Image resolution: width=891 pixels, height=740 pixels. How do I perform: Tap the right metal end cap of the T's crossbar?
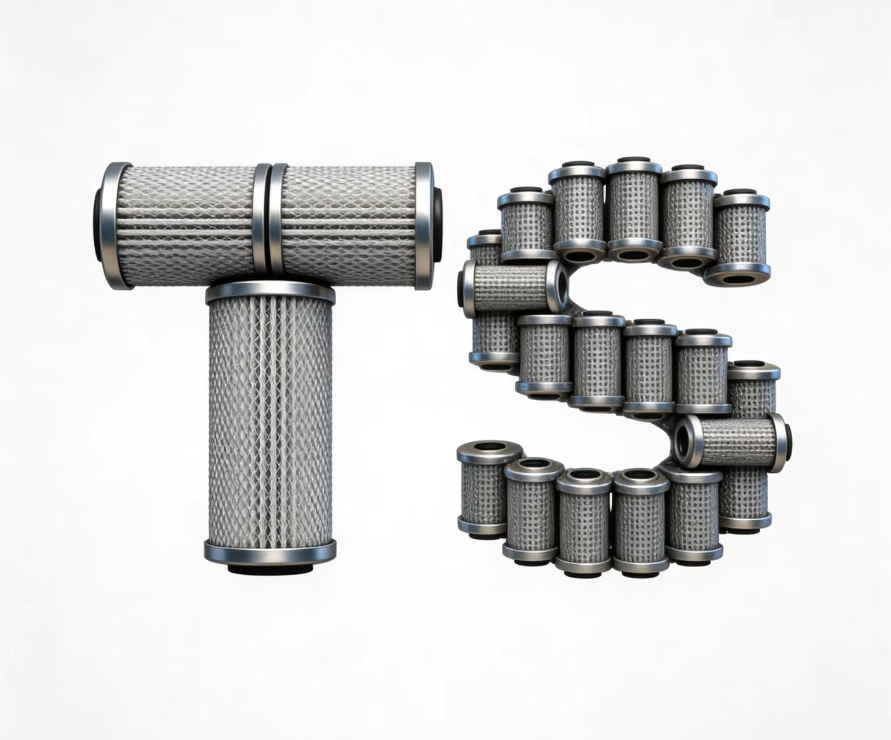point(424,225)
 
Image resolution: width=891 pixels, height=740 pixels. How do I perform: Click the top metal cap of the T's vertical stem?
point(270,292)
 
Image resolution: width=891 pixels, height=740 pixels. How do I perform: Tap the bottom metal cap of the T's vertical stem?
point(269,552)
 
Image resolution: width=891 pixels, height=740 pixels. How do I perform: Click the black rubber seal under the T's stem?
point(269,569)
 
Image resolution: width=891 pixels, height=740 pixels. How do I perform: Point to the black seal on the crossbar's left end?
point(97,225)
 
